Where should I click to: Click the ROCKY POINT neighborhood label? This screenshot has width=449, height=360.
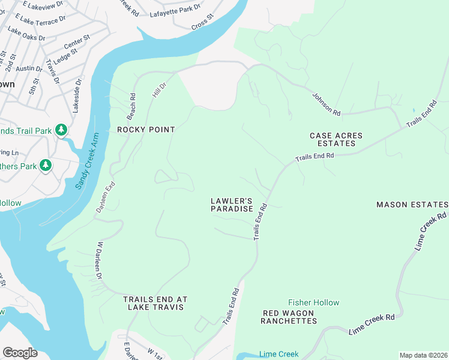pyautogui.click(x=146, y=130)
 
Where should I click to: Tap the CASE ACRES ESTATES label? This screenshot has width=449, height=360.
pyautogui.click(x=336, y=140)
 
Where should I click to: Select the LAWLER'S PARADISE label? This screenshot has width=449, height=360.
pyautogui.click(x=231, y=205)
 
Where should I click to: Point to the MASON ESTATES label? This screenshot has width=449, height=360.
pyautogui.click(x=412, y=205)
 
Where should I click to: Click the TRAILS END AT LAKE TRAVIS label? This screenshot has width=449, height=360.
pyautogui.click(x=155, y=303)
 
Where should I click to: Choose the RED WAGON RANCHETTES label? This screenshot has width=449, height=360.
pyautogui.click(x=289, y=317)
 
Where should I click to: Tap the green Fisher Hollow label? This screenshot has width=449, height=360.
pyautogui.click(x=313, y=303)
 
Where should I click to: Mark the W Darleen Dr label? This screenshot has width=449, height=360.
pyautogui.click(x=99, y=260)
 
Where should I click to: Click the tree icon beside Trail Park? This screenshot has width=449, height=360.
pyautogui.click(x=61, y=130)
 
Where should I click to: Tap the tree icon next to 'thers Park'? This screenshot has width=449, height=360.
pyautogui.click(x=46, y=165)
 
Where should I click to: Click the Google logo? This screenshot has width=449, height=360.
pyautogui.click(x=20, y=353)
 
